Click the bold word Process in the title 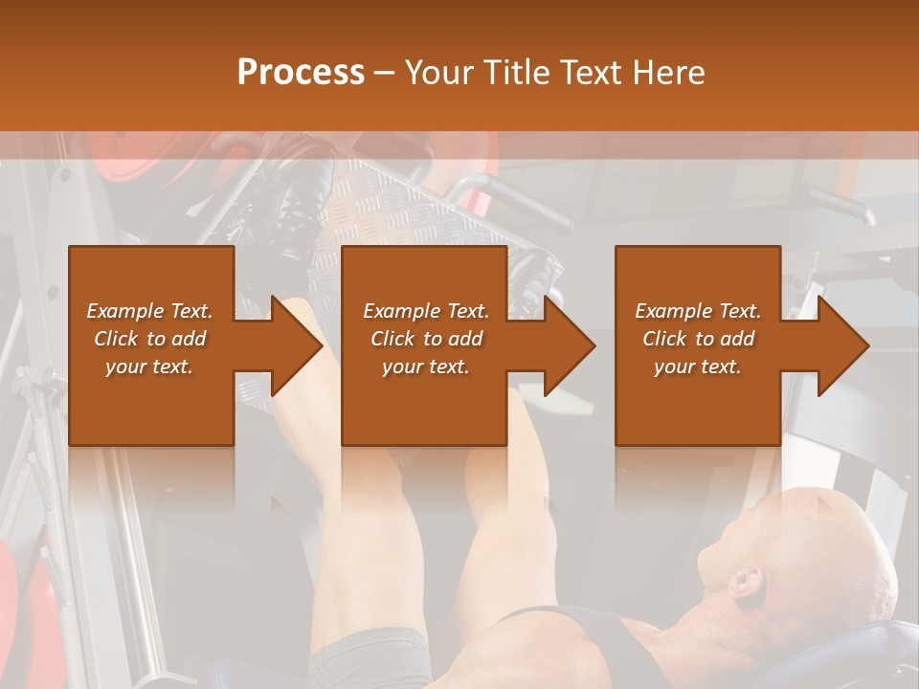tap(301, 73)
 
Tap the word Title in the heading tap(510, 73)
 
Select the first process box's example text tap(150, 339)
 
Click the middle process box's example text tap(426, 339)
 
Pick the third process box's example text tap(698, 339)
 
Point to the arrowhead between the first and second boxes tap(297, 345)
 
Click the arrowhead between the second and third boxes tap(571, 345)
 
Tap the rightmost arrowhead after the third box tap(843, 345)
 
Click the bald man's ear tap(746, 581)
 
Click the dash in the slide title tap(384, 73)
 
